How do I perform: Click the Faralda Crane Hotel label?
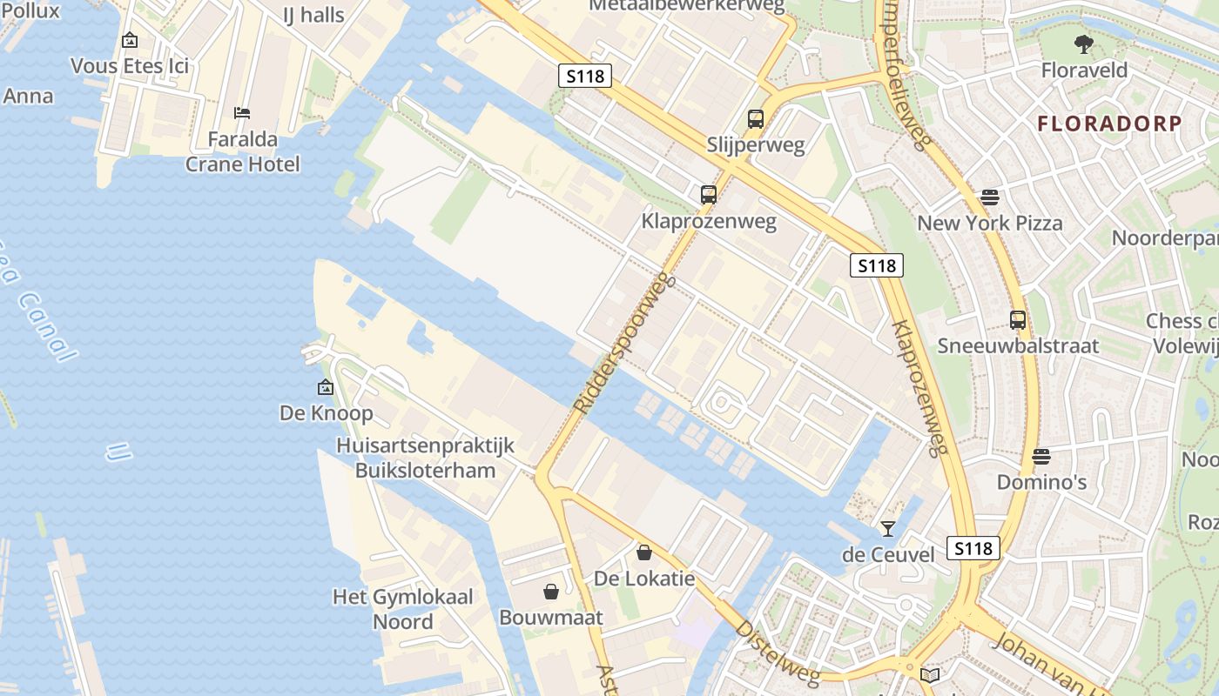point(242,151)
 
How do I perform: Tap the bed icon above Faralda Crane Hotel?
point(242,113)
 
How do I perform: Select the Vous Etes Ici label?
point(129,66)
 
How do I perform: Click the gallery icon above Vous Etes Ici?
point(130,40)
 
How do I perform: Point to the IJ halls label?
point(313,15)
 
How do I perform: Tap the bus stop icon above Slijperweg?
point(755,119)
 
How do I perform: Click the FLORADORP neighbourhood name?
point(1109,124)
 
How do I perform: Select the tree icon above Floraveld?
point(1083,44)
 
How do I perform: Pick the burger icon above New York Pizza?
point(989,197)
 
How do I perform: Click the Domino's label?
point(1041,481)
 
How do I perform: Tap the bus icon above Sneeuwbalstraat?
point(1017,320)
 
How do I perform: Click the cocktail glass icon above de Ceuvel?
point(887,528)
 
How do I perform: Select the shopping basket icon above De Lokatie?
point(644,552)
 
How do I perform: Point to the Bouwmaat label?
point(550,617)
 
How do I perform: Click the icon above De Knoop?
point(326,387)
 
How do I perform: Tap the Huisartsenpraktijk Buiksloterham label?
point(425,458)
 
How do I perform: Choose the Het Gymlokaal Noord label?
point(402,609)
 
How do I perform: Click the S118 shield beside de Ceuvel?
point(973,548)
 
